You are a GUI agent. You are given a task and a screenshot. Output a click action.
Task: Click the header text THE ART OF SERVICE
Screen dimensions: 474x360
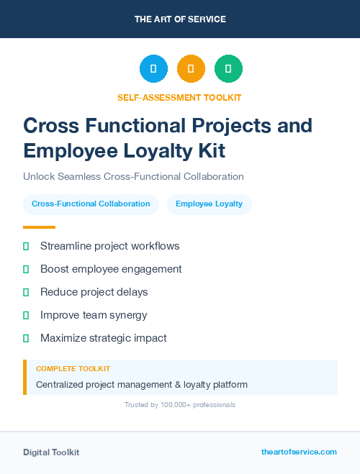tap(180, 19)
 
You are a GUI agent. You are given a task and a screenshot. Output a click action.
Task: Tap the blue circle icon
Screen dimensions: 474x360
tap(153, 69)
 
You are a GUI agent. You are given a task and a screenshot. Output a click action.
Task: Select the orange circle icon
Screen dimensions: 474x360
tap(191, 69)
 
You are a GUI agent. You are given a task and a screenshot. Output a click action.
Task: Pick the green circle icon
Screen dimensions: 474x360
tap(228, 69)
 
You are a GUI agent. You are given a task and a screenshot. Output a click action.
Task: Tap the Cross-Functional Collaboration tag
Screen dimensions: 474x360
tap(91, 204)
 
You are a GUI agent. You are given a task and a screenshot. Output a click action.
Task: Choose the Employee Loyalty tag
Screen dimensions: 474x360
tap(209, 204)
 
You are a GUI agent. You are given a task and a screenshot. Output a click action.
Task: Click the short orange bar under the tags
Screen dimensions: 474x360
tap(39, 227)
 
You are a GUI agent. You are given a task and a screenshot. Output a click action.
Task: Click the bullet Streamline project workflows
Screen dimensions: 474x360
tap(109, 246)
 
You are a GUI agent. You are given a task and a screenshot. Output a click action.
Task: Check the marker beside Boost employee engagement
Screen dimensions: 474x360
tap(26, 270)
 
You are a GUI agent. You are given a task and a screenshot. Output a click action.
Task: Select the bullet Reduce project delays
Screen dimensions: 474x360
tap(94, 292)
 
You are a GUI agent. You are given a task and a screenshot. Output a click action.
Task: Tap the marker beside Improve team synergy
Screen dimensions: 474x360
tap(26, 315)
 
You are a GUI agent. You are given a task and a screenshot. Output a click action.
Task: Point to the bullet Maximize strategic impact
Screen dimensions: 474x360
tap(103, 338)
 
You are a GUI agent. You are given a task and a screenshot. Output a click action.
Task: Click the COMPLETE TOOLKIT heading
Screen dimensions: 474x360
tap(73, 368)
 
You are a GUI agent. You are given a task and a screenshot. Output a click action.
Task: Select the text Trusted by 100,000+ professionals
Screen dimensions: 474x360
tap(180, 405)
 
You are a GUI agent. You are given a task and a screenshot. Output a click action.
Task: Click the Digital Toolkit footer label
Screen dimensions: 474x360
tap(51, 452)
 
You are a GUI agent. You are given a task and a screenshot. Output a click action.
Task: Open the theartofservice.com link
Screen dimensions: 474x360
tap(299, 452)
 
